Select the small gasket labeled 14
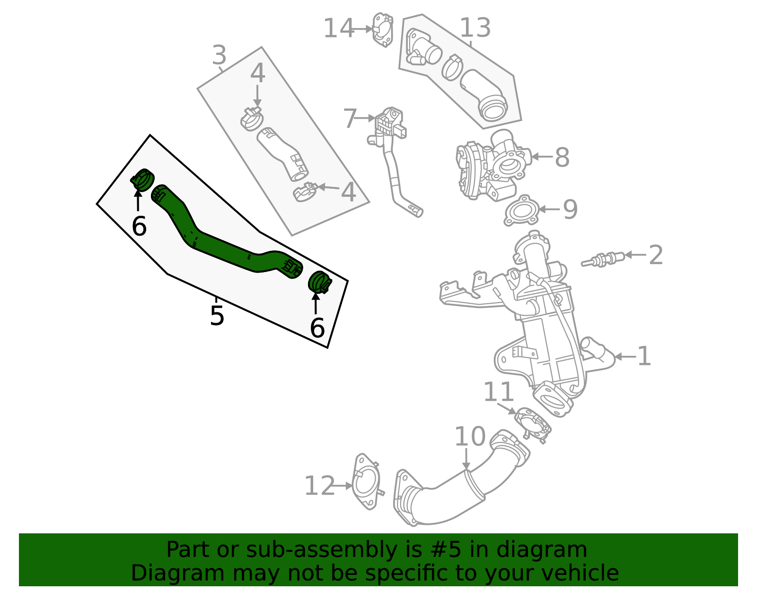[x=383, y=30]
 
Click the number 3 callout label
[x=219, y=55]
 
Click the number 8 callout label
[x=562, y=157]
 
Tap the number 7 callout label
[x=350, y=118]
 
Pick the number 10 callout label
[x=470, y=436]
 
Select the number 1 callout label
[x=644, y=356]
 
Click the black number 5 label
[x=217, y=316]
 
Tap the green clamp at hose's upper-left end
[x=142, y=179]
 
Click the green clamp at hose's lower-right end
[x=320, y=282]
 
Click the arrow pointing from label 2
[x=634, y=255]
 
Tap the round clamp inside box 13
[x=452, y=67]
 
